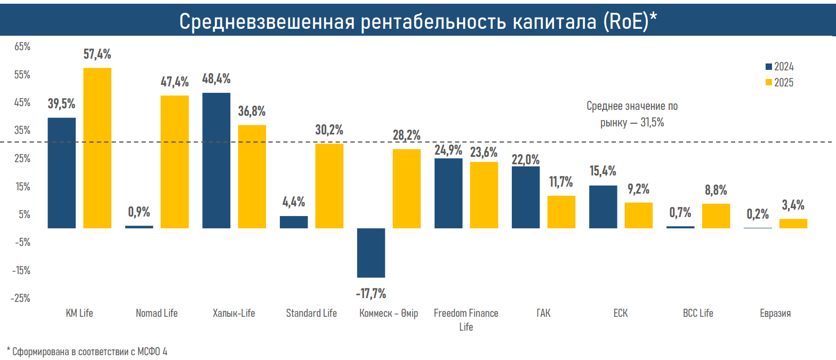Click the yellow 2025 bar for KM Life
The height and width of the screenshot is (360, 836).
click(x=97, y=148)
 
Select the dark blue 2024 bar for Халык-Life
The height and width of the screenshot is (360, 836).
click(x=216, y=160)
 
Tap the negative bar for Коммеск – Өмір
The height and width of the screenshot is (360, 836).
click(x=371, y=253)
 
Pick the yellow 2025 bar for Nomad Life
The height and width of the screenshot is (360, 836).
click(x=175, y=162)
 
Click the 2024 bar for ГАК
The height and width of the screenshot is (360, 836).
click(x=526, y=197)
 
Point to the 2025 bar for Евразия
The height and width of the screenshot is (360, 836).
click(x=793, y=223)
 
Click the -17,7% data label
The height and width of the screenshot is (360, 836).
click(x=371, y=293)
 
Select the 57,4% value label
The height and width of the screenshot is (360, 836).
click(x=97, y=54)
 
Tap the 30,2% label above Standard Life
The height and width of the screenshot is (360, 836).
click(x=329, y=130)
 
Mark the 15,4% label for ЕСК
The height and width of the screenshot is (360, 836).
click(x=603, y=171)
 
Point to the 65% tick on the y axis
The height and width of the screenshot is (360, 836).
click(x=22, y=47)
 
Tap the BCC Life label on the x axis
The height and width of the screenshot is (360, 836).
click(x=698, y=313)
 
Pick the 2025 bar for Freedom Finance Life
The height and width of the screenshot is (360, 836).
click(x=484, y=195)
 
